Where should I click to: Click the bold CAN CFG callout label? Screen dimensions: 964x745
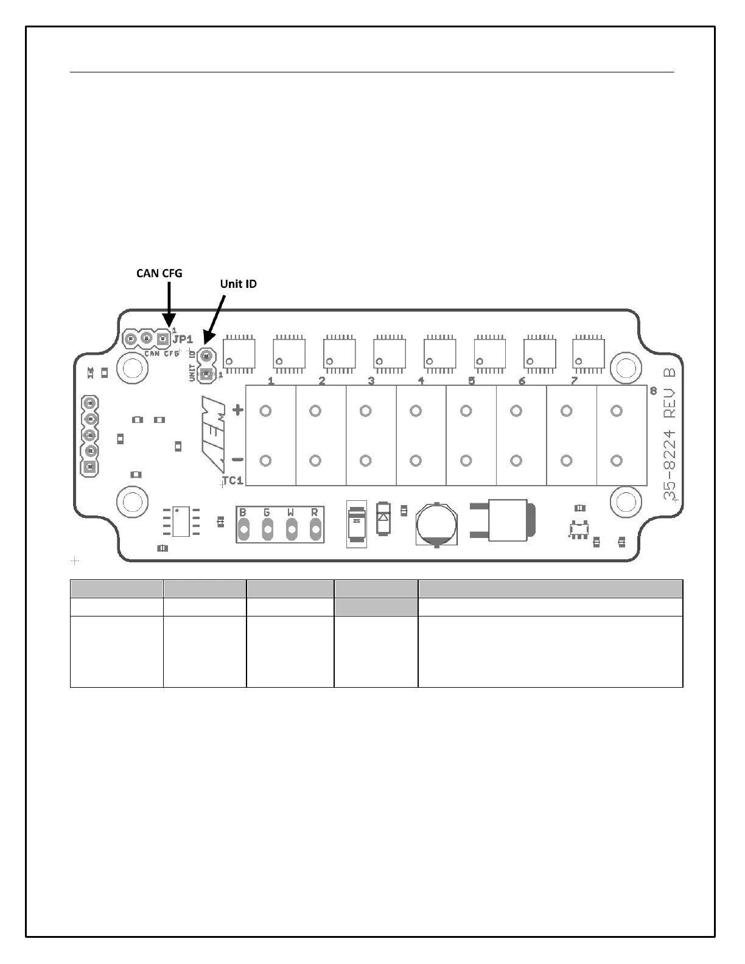point(159,274)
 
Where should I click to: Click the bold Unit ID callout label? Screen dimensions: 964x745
point(238,284)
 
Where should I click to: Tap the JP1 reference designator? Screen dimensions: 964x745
point(183,340)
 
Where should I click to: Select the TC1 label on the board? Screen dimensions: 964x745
point(233,481)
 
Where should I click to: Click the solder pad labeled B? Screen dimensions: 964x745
point(244,530)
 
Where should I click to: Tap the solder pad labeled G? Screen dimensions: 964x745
point(268,530)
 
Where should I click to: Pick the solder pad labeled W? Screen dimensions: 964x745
point(292,530)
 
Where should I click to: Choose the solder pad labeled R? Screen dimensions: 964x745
point(315,530)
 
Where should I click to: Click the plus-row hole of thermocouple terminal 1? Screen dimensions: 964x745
point(265,411)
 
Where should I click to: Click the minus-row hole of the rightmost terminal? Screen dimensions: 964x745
point(617,461)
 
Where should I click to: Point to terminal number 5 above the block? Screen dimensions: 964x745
point(471,382)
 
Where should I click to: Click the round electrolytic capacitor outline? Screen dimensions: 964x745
point(437,524)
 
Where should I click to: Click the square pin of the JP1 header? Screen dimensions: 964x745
point(163,338)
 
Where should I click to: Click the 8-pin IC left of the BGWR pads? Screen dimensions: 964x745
point(181,522)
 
